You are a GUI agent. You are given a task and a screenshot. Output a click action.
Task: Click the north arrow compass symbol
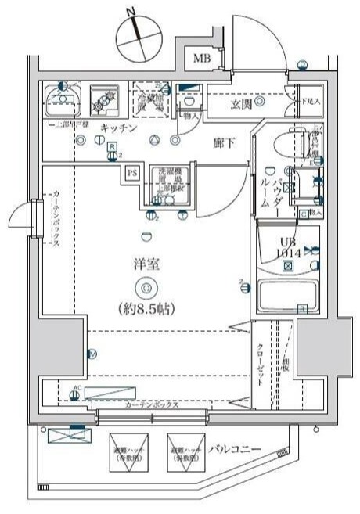(x=136, y=34)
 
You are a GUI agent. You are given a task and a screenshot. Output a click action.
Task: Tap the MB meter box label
(x=202, y=58)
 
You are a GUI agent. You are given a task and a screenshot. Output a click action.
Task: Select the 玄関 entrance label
(x=241, y=102)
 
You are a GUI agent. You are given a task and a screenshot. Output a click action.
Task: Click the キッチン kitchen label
(x=119, y=128)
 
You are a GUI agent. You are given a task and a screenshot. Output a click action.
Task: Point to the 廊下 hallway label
(x=224, y=143)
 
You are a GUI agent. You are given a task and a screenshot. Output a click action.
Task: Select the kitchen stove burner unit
(x=103, y=99)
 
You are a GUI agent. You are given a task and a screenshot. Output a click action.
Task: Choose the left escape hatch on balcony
(x=124, y=451)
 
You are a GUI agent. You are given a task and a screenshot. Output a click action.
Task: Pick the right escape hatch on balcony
(x=182, y=451)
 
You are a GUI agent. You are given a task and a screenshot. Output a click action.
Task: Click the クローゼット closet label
(x=259, y=362)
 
